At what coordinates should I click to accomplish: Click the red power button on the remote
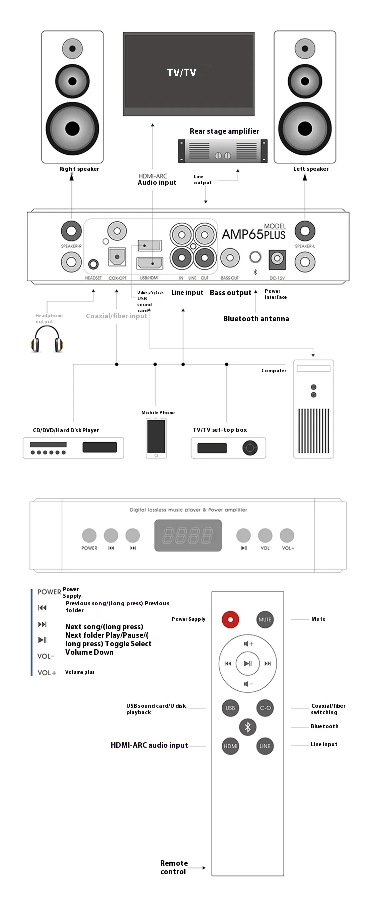coord(230,619)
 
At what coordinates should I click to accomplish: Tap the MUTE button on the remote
coord(265,619)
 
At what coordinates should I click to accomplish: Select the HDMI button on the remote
coord(230,746)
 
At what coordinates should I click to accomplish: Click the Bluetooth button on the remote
coord(247,727)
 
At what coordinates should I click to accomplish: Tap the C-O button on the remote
coord(265,708)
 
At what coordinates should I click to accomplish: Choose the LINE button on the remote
coord(265,746)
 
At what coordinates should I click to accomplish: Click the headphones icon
coord(47,340)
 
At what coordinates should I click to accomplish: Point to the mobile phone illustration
coord(156,438)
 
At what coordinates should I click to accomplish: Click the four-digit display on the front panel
coord(188,536)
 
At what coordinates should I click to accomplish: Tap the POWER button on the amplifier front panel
coord(89,535)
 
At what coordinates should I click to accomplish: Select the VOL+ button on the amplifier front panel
coord(287,535)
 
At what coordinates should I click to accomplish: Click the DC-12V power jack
coord(277,259)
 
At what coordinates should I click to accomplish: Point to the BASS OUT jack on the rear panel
coord(230,258)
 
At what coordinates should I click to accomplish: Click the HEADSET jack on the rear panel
coord(93,264)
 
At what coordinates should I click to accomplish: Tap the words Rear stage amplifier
coord(224,131)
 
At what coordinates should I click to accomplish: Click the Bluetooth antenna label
coord(256,319)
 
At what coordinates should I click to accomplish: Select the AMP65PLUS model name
coord(253,234)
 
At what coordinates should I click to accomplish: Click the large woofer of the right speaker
coord(73,129)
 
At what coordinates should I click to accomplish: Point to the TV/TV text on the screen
coord(182,73)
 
